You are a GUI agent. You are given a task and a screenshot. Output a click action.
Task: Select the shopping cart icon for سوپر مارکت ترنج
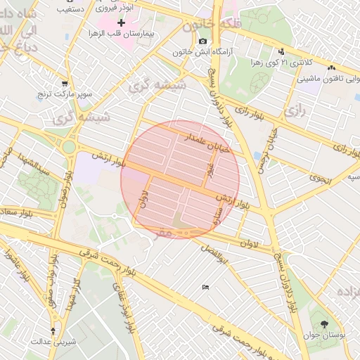65,82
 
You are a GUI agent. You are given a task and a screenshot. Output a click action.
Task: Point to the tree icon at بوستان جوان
324,324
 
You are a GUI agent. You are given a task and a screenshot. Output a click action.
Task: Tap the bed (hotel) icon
205,287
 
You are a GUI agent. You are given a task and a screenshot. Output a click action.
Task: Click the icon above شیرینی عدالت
53,330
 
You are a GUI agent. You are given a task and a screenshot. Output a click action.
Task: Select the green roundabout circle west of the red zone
69,147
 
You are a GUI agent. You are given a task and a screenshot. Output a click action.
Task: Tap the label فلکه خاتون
208,26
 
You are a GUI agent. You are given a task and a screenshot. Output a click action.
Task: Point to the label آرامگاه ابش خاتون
204,52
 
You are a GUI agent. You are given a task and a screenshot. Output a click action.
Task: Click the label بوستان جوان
328,336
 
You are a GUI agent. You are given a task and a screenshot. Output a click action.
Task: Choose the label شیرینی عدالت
49,341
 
